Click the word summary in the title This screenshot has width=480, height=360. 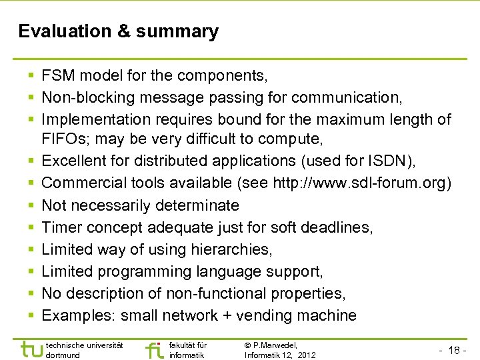coord(187,32)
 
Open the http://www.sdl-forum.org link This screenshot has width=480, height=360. coord(360,183)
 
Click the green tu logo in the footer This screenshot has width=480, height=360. coord(31,349)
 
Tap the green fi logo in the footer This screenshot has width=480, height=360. coord(154,349)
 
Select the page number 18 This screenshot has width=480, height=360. coord(456,350)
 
